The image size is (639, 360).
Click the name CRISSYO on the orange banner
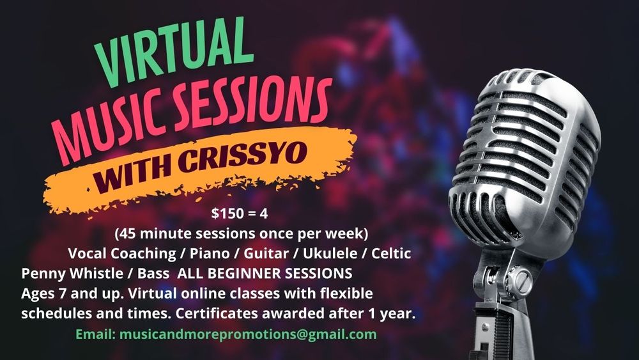pyautogui.click(x=243, y=157)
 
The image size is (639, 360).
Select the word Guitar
pyautogui.click(x=266, y=254)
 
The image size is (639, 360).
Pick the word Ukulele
pyautogui.click(x=330, y=254)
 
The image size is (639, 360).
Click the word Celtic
pyautogui.click(x=391, y=254)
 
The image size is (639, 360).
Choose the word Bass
pyautogui.click(x=153, y=273)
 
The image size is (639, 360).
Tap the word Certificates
pyautogui.click(x=217, y=313)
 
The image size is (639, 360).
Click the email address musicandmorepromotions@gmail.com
pyautogui.click(x=248, y=334)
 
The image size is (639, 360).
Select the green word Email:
pyautogui.click(x=96, y=334)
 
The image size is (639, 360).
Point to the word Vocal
pyautogui.click(x=87, y=254)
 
